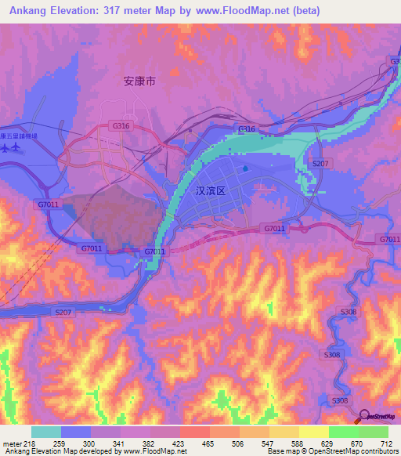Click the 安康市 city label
click(139, 81)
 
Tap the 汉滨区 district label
click(210, 190)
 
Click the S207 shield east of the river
click(320, 163)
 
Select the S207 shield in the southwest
click(64, 312)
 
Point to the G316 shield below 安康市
click(121, 125)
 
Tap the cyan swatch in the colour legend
click(46, 432)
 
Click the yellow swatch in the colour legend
click(314, 432)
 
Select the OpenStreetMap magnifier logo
click(364, 417)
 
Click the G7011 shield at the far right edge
click(389, 239)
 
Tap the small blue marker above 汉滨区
click(245, 167)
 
